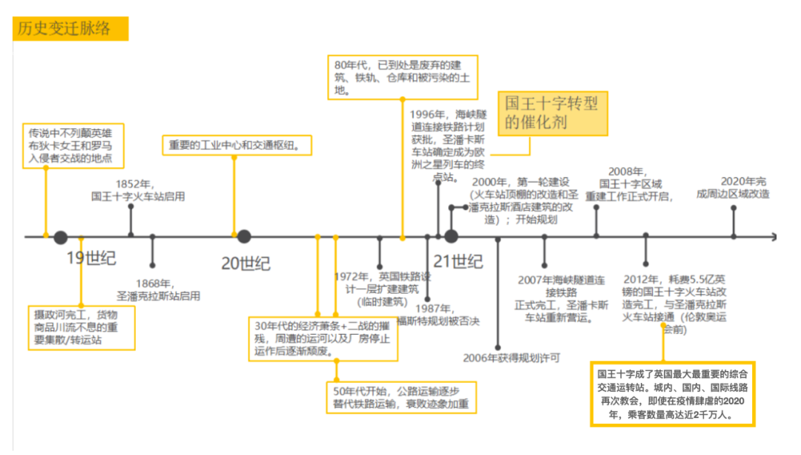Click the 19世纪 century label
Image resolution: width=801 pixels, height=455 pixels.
click(x=91, y=259)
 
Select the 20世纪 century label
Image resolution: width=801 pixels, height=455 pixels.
click(x=245, y=263)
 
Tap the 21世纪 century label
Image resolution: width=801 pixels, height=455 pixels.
click(x=458, y=261)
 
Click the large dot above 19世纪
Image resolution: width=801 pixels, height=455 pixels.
click(x=61, y=238)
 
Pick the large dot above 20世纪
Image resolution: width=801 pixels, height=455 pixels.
click(x=243, y=237)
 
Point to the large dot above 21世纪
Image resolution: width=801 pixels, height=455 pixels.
click(x=451, y=237)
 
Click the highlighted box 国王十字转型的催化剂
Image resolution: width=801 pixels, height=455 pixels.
click(x=552, y=112)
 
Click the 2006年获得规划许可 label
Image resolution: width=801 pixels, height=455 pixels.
click(x=512, y=358)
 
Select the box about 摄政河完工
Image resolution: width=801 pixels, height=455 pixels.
click(x=82, y=327)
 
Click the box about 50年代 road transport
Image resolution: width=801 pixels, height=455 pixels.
click(x=400, y=397)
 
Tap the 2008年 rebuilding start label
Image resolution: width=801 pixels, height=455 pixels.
click(x=628, y=184)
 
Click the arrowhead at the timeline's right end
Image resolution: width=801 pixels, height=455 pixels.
click(x=774, y=237)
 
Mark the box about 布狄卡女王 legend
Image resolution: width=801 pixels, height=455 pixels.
click(x=72, y=145)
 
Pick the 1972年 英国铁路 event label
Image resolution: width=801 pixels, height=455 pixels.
click(x=382, y=288)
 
